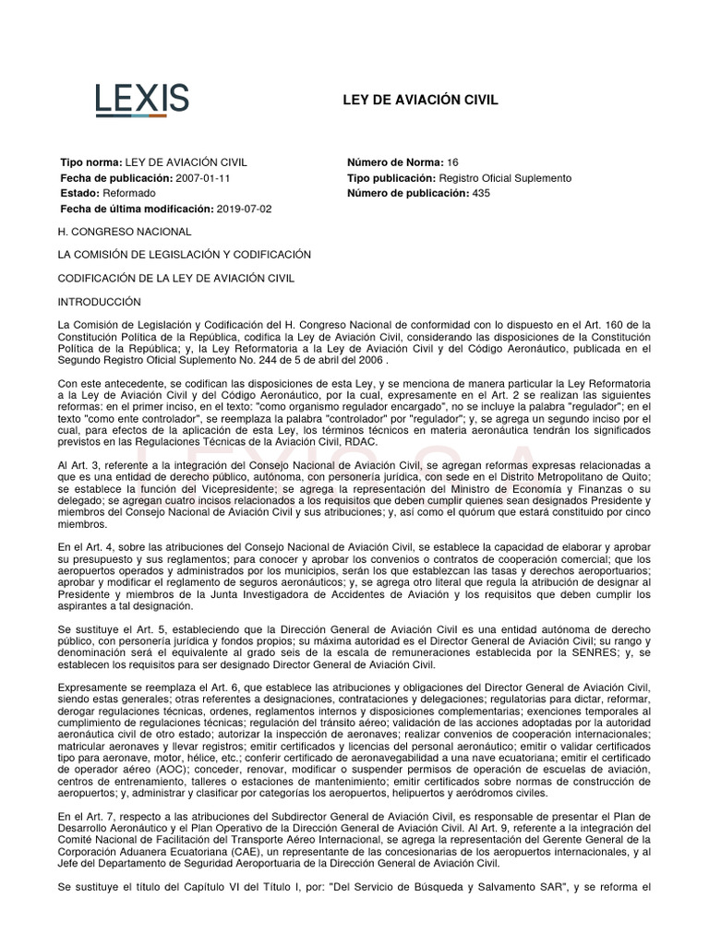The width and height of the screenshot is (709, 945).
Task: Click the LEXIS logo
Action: coord(142,99)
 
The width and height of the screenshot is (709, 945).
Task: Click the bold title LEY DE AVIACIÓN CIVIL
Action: coord(420,100)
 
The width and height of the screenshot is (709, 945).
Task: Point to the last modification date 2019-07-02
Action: coord(246,209)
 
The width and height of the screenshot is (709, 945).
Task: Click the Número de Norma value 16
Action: coord(452,162)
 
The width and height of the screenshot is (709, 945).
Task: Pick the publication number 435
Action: coord(481,193)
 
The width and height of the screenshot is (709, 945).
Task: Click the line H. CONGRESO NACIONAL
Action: coord(125,232)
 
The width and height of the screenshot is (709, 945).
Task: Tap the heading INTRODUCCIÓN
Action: coord(99,302)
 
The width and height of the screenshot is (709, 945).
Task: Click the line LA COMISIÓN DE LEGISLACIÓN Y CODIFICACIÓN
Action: coord(185,255)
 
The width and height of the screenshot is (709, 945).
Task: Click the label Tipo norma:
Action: coord(90,162)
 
